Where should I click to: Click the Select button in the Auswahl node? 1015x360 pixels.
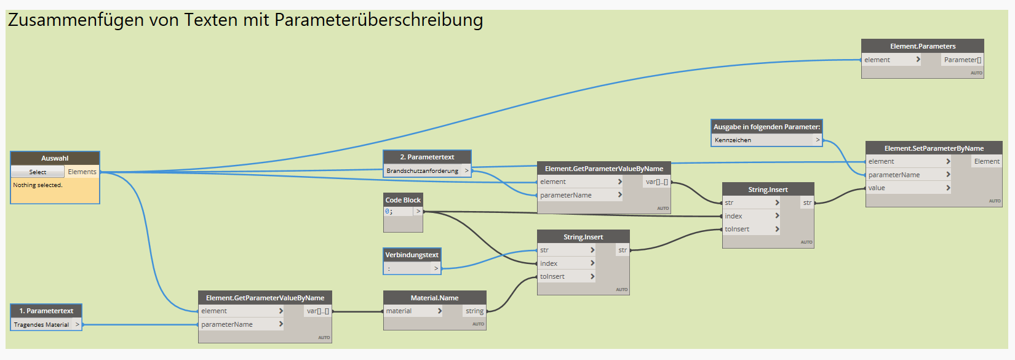[x=38, y=172]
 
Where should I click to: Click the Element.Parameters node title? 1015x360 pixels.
[x=922, y=46]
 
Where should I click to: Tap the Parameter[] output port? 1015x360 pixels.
[x=962, y=60]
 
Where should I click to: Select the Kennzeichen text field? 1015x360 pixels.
[x=763, y=140]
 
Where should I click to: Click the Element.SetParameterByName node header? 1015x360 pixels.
[x=933, y=148]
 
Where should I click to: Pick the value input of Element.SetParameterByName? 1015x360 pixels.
[x=877, y=188]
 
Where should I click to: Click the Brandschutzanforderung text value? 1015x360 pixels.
[x=422, y=171]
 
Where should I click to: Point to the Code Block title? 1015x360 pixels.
[x=403, y=200]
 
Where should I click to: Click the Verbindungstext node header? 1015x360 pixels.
[x=412, y=255]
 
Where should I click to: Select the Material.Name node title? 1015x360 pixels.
[x=434, y=298]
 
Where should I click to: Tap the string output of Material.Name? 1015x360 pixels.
[x=474, y=311]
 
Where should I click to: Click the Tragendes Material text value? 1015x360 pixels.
[x=41, y=325]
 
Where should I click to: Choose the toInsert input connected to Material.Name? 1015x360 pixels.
[x=552, y=277]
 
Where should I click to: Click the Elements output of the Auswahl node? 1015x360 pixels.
[x=82, y=172]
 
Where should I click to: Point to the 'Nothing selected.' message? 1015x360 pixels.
[x=38, y=185]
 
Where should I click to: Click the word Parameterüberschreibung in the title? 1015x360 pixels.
[x=378, y=20]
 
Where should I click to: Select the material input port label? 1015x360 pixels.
[x=399, y=311]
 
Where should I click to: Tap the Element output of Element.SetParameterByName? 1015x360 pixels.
[x=987, y=162]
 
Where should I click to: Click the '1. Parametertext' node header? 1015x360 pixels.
[x=46, y=311]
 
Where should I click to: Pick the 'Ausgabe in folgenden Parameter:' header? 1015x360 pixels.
[x=766, y=127]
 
